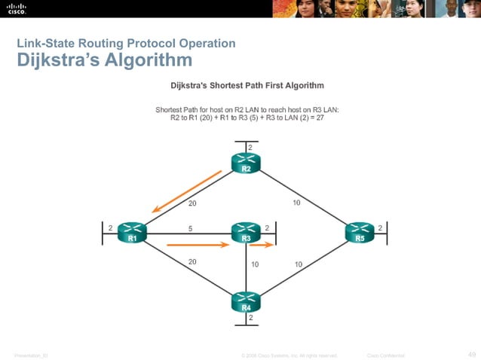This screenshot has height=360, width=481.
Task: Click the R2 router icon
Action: pyautogui.click(x=246, y=163)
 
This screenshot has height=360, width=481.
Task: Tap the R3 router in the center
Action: pyautogui.click(x=246, y=233)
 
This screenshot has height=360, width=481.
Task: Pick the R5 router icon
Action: pyautogui.click(x=360, y=233)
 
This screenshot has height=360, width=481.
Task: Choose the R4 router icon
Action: pyautogui.click(x=246, y=302)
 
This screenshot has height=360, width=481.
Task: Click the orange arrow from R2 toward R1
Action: pyautogui.click(x=185, y=192)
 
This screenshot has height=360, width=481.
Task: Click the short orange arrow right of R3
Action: pyautogui.click(x=262, y=245)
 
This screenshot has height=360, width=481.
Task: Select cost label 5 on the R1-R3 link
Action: pyautogui.click(x=190, y=228)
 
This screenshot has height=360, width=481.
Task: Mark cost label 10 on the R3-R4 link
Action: pyautogui.click(x=256, y=264)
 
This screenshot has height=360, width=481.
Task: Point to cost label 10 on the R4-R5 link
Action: pyautogui.click(x=299, y=264)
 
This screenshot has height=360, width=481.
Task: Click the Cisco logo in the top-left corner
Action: pyautogui.click(x=17, y=8)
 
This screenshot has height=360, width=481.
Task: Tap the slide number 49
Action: pyautogui.click(x=472, y=354)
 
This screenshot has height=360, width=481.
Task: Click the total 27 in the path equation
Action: pyautogui.click(x=320, y=118)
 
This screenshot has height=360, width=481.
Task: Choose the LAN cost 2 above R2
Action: pyautogui.click(x=250, y=145)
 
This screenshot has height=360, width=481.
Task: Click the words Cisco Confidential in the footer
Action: pyautogui.click(x=385, y=355)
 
